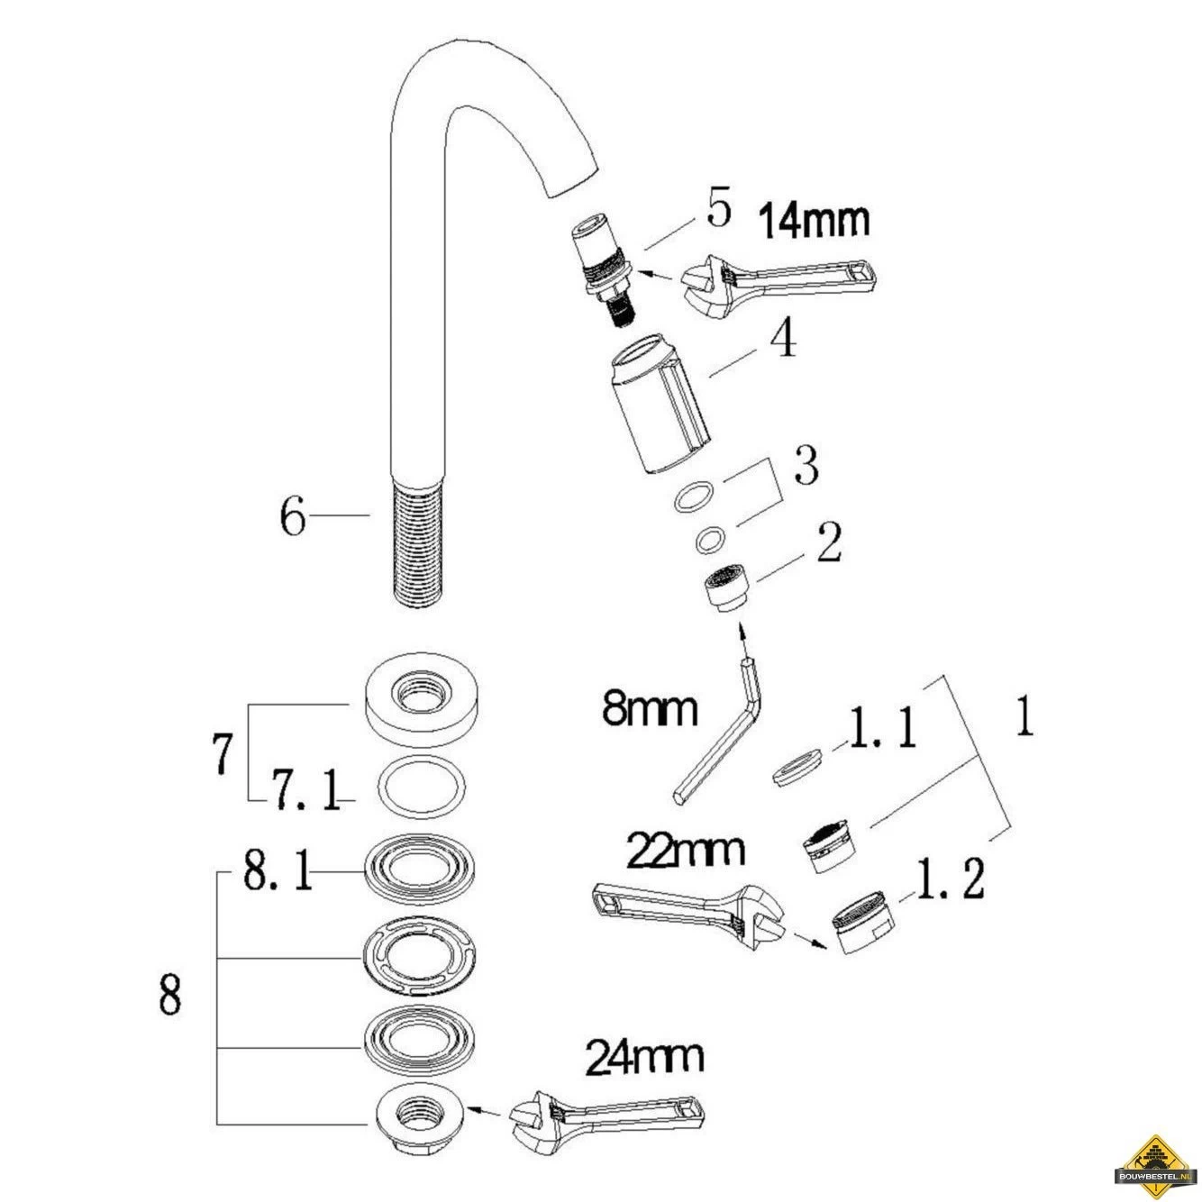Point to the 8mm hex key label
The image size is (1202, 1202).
[x=651, y=709]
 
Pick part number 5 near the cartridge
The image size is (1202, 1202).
[x=719, y=210]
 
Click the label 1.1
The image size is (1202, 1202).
[x=880, y=731]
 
